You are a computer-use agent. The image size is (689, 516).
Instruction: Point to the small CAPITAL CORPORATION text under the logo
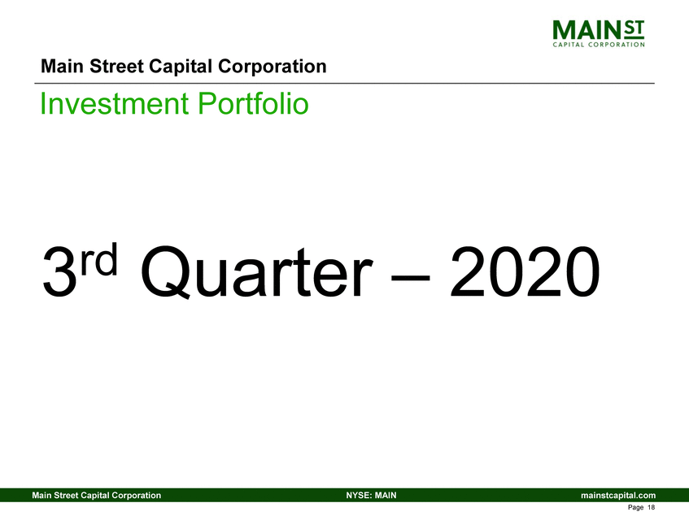600,46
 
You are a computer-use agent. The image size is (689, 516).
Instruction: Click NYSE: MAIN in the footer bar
371,495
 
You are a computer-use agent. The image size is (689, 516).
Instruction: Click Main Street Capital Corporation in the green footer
95,495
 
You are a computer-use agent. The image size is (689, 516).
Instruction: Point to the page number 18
652,507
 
